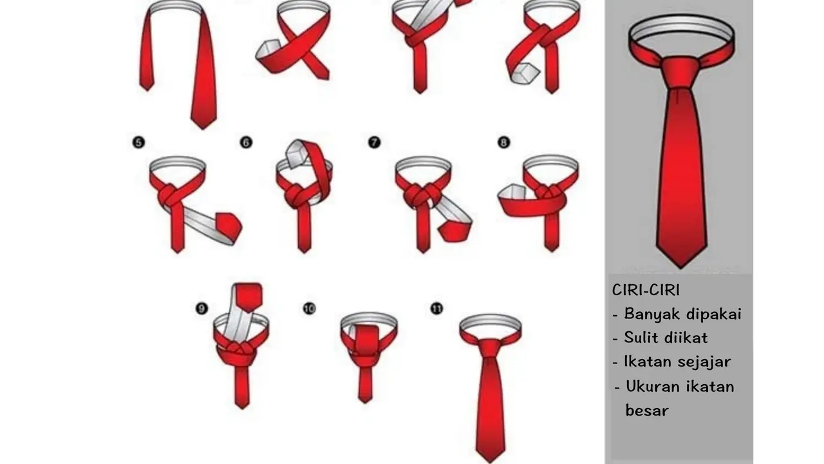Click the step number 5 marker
tap(138, 142)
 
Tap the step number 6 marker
tap(246, 142)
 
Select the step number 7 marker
tap(374, 142)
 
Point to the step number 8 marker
tap(504, 142)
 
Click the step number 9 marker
tap(201, 309)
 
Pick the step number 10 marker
tap(309, 309)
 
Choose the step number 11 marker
tap(436, 309)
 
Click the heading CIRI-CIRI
tap(646, 291)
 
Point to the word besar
tap(647, 411)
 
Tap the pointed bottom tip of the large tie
tap(681, 263)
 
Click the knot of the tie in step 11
tap(491, 348)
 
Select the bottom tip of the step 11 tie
tap(490, 458)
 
